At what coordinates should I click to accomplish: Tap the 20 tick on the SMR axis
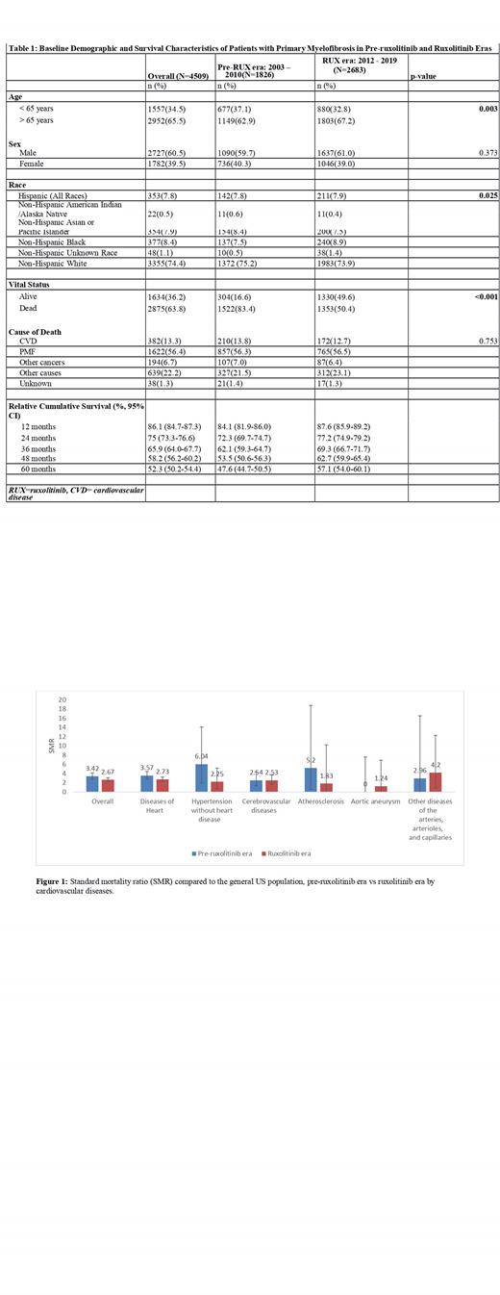pos(65,699)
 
